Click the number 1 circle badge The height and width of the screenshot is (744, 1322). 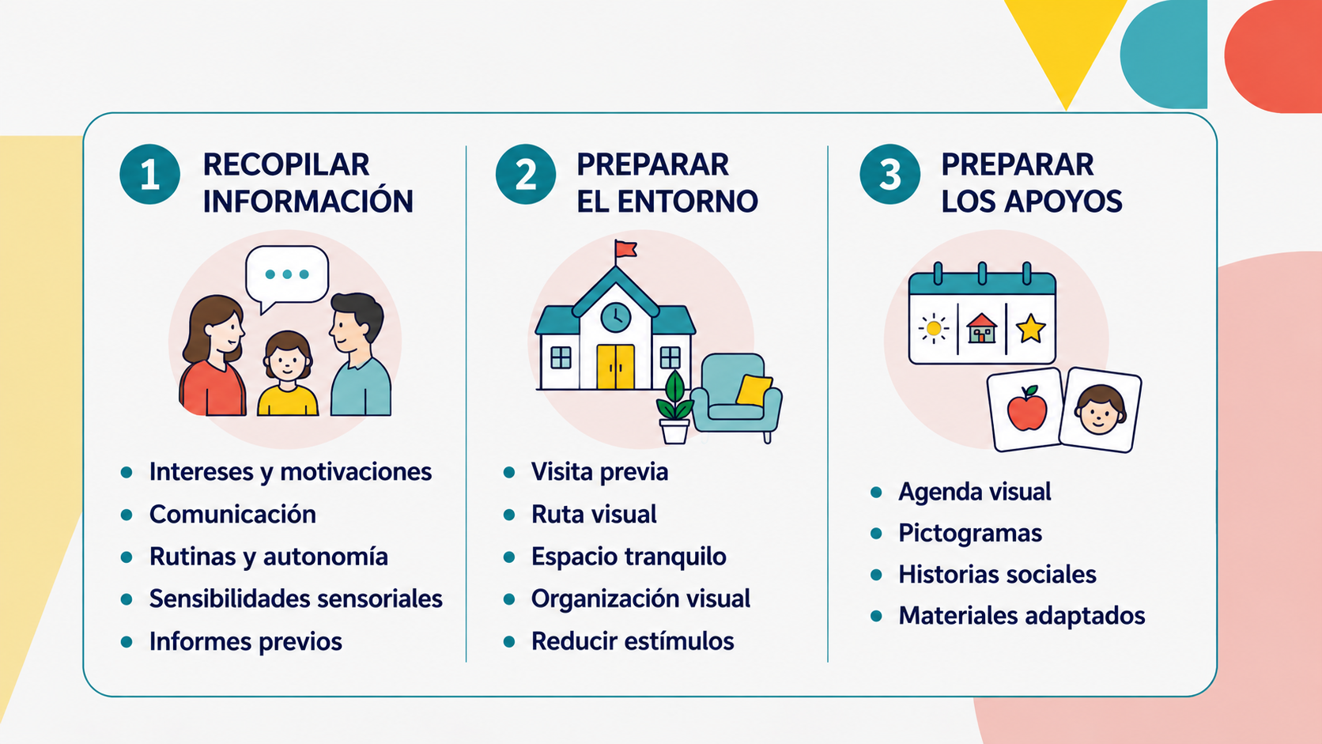coord(150,174)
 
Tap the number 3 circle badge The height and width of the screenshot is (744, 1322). coord(890,174)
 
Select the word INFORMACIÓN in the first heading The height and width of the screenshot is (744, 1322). coord(308,201)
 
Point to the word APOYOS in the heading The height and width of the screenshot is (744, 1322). coord(1063,201)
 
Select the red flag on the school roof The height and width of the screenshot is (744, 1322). coord(625,249)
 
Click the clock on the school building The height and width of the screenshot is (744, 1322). coord(616,317)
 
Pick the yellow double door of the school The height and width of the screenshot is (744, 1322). coord(616,367)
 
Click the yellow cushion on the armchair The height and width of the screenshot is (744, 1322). coord(754,390)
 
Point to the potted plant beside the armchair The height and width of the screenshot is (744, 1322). coord(674,408)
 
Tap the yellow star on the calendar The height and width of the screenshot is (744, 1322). coord(1030,329)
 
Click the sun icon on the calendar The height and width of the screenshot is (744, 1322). coord(934,329)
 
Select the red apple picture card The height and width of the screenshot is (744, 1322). coord(1026,409)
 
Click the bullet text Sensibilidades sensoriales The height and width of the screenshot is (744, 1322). coord(296,599)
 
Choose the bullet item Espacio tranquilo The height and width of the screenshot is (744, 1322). coord(629,557)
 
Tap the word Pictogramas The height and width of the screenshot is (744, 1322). coord(970,534)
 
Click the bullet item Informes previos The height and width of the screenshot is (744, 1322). coord(246,641)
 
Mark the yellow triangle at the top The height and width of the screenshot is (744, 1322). coord(1066,41)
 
